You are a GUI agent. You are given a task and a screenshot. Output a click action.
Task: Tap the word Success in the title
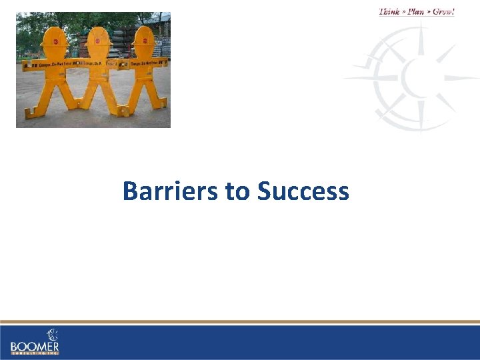point(303,191)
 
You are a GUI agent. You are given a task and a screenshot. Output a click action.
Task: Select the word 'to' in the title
point(237,192)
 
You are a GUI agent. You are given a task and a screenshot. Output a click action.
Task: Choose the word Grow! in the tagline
point(443,11)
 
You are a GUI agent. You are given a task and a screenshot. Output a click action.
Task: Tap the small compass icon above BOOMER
point(51,334)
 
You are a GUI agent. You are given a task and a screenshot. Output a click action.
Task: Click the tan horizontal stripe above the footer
point(240,322)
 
